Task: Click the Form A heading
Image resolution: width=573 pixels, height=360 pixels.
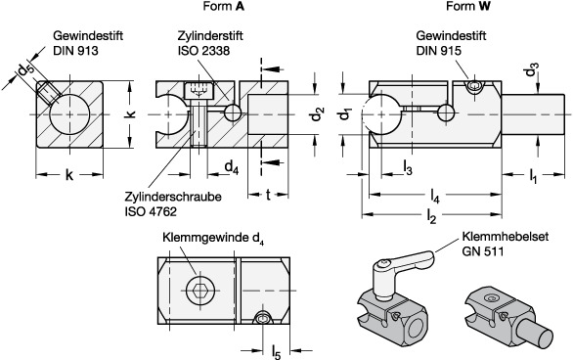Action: (x=224, y=6)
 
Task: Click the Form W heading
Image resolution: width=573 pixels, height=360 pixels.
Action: (x=467, y=6)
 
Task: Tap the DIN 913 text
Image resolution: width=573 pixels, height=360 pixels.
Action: (x=75, y=51)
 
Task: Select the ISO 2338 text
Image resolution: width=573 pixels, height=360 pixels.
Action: (x=204, y=51)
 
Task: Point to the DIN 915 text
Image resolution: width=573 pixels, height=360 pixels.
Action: (x=438, y=51)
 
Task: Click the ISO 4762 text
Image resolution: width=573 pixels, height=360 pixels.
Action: (x=151, y=211)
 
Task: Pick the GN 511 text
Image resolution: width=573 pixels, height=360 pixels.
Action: (x=483, y=251)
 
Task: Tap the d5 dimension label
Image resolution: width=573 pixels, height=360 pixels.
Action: (x=26, y=69)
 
